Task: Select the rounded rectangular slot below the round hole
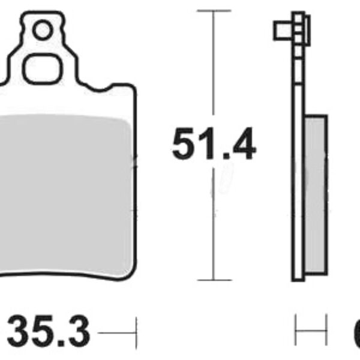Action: tap(42, 68)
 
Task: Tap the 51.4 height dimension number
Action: tap(214, 145)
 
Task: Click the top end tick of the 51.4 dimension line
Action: tap(214, 10)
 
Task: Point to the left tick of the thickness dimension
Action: tap(296, 331)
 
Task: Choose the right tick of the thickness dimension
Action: tap(326, 331)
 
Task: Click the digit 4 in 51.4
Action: tap(242, 145)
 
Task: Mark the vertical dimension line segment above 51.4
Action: tap(214, 66)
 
